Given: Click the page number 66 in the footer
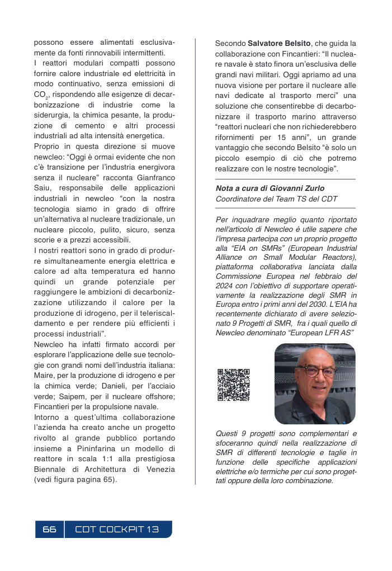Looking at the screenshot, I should (49, 530).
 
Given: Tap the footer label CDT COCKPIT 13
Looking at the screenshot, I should (117, 530).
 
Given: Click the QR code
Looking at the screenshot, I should (233, 385).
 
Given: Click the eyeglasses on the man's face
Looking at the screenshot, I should (316, 371).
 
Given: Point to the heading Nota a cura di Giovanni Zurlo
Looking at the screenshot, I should (270, 188).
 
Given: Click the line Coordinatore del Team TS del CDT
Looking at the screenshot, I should (276, 199).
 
